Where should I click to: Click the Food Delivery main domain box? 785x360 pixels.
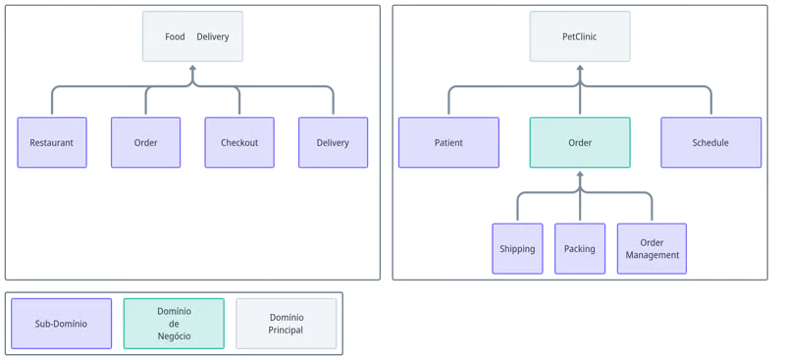[x=192, y=36]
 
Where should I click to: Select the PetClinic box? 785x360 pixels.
[x=580, y=36]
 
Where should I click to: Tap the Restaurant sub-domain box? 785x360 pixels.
[x=52, y=142]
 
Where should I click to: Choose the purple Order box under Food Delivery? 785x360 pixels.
[x=145, y=142]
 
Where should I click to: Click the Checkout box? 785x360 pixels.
[x=239, y=142]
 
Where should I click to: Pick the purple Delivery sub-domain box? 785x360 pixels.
[x=333, y=142]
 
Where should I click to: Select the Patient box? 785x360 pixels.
[x=448, y=142]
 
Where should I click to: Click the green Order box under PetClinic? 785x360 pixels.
[x=580, y=142]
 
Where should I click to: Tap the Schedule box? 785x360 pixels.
[x=710, y=142]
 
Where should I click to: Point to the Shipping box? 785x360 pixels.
[x=517, y=249]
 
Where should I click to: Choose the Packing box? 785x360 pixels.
[x=580, y=249]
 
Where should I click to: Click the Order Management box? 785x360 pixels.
[x=652, y=249]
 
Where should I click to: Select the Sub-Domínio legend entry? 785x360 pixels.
[x=61, y=324]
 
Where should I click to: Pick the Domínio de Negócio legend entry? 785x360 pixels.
[x=174, y=324]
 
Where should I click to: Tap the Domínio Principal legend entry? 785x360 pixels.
[x=287, y=324]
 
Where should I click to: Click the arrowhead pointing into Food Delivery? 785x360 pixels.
[x=192, y=68]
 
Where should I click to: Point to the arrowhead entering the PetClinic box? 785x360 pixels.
[x=580, y=68]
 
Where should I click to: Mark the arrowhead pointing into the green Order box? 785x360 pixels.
[x=580, y=175]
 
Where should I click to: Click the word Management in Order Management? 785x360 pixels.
[x=653, y=255]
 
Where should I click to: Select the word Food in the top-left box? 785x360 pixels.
[x=175, y=36]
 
